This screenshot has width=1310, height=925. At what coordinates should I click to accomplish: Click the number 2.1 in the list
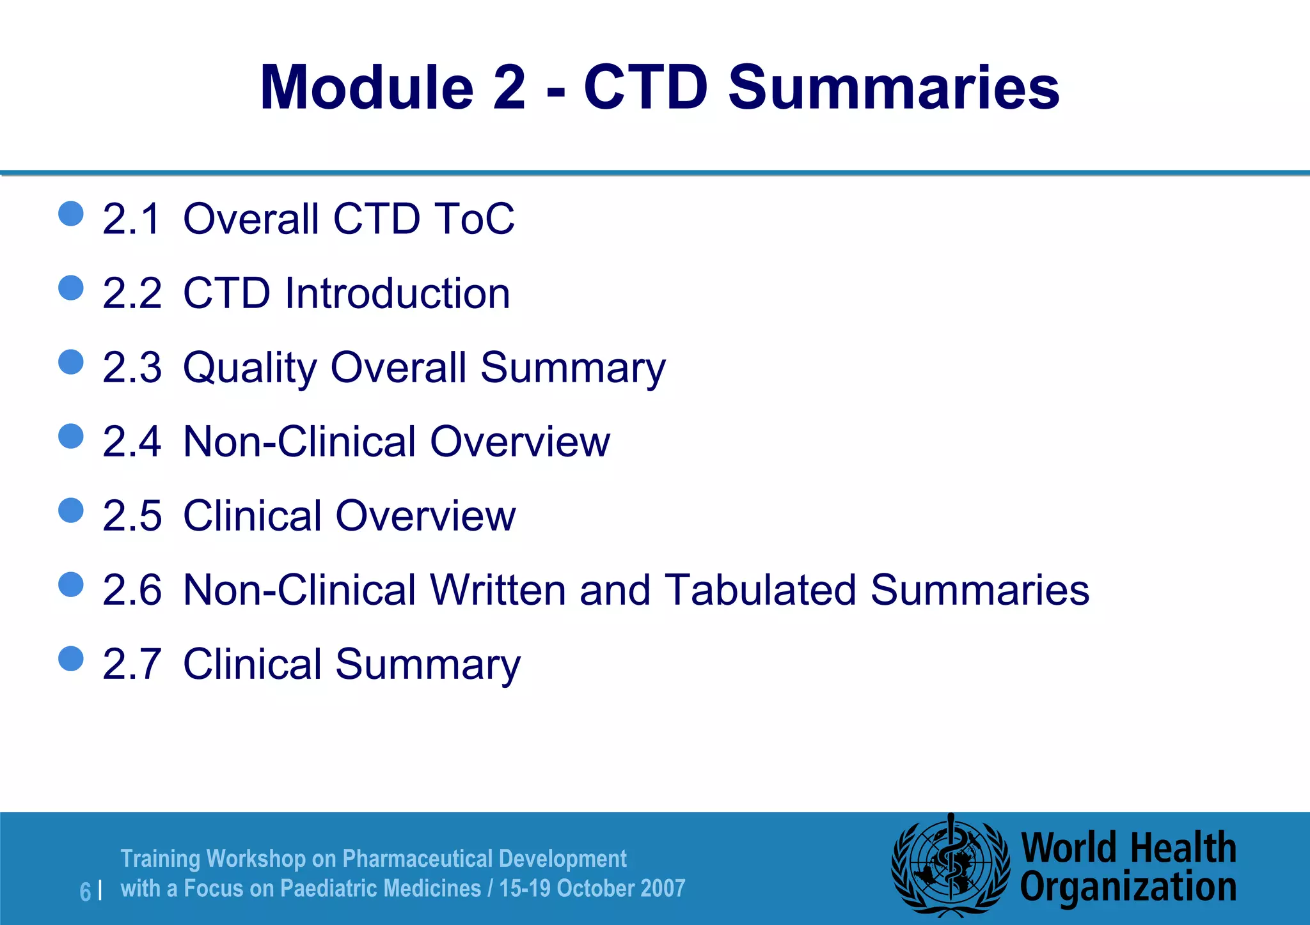131,219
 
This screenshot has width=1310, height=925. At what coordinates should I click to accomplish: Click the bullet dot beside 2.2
71,288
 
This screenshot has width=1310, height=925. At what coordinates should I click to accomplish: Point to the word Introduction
397,293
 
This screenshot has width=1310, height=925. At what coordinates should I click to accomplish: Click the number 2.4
132,442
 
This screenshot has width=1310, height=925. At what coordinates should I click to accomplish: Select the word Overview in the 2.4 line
520,442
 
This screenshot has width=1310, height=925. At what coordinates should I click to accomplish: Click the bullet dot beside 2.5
71,511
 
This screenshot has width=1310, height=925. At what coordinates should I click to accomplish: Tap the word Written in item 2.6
498,590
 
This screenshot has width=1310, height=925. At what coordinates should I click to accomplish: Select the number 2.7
132,664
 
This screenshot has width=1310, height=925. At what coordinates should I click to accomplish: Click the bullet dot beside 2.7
71,659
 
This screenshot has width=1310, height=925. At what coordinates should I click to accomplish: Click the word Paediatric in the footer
333,889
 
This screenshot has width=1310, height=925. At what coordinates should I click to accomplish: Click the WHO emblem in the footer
951,866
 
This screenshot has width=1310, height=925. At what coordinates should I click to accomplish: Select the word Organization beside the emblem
1128,888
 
